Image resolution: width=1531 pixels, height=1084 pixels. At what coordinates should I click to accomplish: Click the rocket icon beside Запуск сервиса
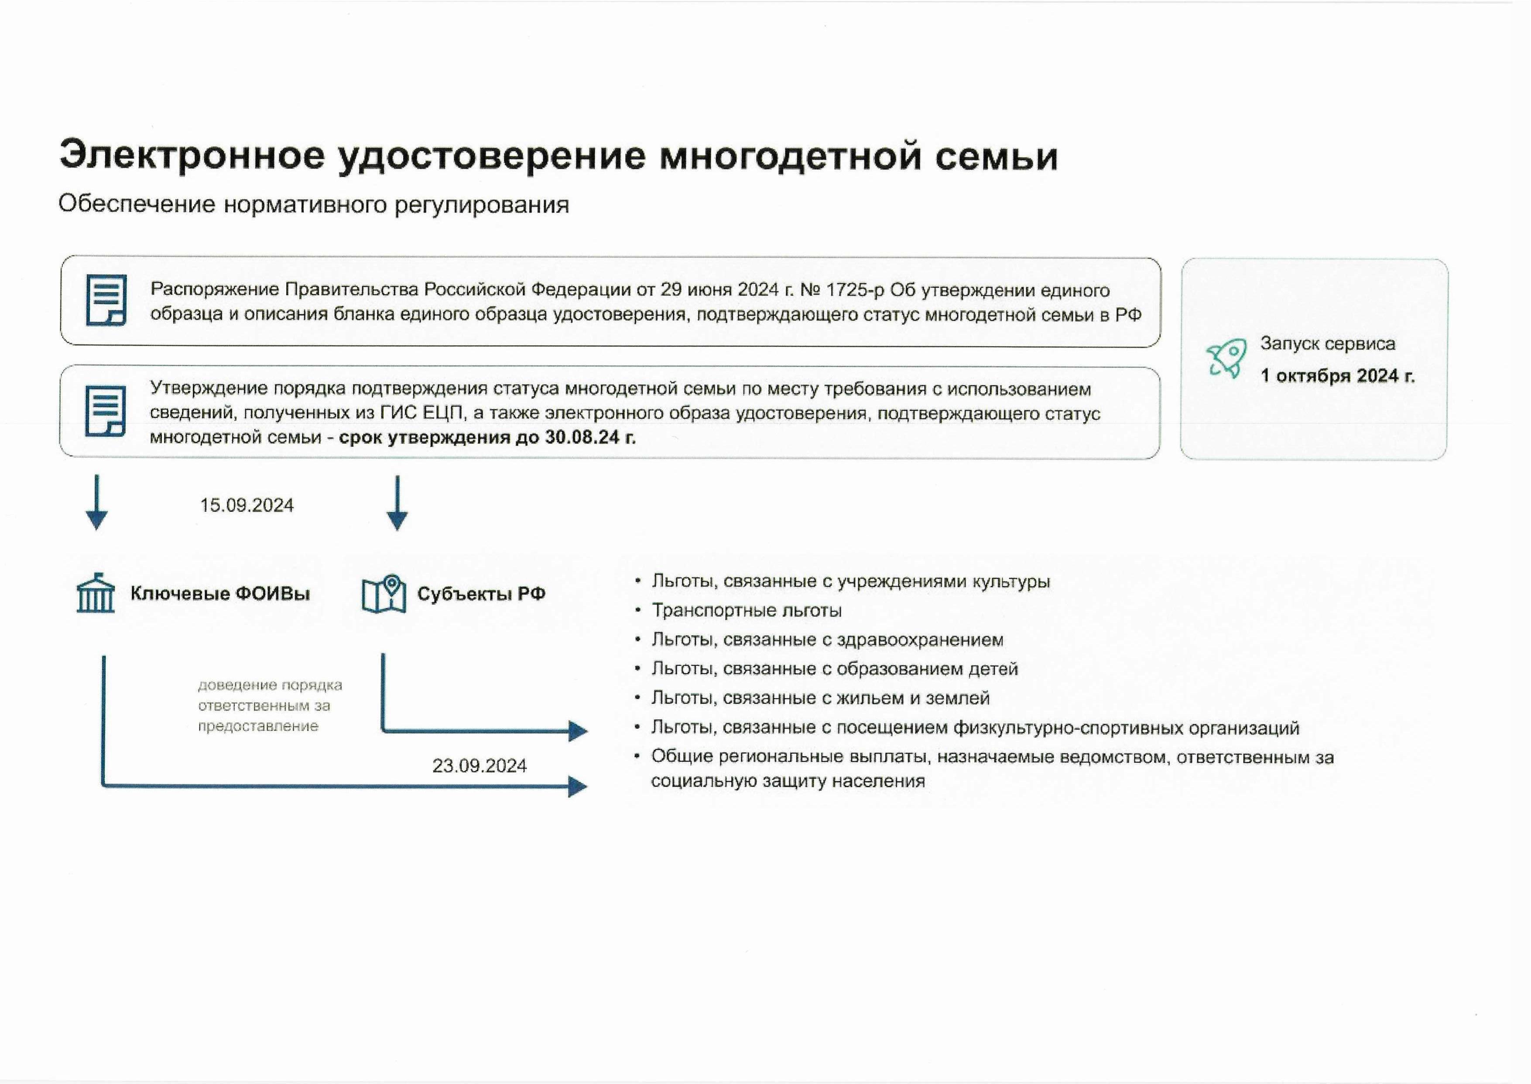(x=1226, y=359)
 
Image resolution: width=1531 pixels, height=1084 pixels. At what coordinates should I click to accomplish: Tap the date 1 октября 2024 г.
(x=1337, y=376)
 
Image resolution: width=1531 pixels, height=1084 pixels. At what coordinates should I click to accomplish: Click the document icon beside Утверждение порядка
(x=106, y=411)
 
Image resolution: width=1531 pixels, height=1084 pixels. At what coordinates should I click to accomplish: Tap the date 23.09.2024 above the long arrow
(x=479, y=765)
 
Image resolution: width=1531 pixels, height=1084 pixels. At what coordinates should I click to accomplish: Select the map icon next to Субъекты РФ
(x=384, y=594)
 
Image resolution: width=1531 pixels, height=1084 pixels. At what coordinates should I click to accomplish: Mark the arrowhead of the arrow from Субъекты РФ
(x=578, y=731)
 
